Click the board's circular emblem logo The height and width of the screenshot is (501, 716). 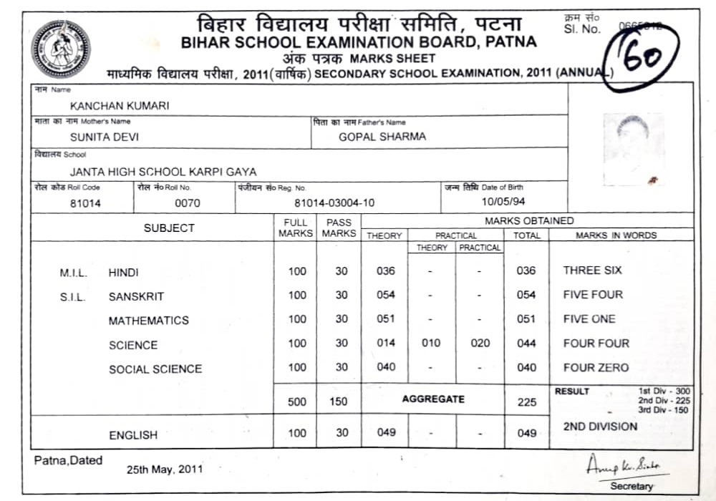61,49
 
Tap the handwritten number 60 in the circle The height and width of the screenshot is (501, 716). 642,58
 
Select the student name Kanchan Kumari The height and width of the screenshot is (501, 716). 120,105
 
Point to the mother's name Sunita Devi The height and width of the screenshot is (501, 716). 105,137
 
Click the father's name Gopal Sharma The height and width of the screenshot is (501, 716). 382,137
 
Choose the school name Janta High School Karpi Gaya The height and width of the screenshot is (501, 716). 163,172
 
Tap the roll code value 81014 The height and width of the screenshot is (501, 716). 85,203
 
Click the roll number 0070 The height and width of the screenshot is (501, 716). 188,203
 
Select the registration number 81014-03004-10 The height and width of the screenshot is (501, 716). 334,203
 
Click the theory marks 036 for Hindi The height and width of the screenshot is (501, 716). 386,271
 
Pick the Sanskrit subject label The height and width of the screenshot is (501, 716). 136,296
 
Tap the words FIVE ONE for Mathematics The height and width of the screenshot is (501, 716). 589,319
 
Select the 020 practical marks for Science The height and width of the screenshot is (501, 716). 480,344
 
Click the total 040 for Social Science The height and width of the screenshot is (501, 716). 526,368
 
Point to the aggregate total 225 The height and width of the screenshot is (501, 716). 526,402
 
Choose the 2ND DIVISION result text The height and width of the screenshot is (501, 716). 600,427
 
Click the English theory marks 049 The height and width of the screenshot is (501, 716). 386,433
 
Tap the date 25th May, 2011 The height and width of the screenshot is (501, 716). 165,470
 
